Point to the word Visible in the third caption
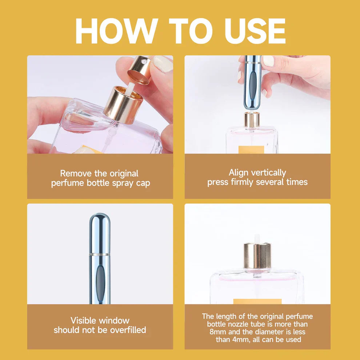(x=84, y=320)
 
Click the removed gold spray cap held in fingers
(x=140, y=69)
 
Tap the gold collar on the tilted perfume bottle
(x=124, y=104)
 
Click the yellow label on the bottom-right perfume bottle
(x=257, y=301)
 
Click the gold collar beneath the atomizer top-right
(x=252, y=120)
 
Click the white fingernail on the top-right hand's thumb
(x=268, y=61)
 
